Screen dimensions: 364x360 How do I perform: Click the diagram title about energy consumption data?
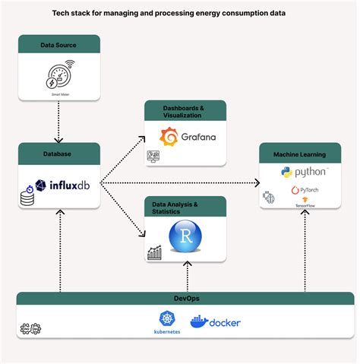(x=179, y=13)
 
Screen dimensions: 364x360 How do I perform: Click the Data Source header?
(x=58, y=46)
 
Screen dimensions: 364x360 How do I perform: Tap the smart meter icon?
(x=58, y=74)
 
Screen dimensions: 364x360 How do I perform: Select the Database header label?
(x=58, y=153)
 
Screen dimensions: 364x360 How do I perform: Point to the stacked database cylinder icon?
(x=28, y=199)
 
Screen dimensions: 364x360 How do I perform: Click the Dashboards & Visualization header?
(x=185, y=111)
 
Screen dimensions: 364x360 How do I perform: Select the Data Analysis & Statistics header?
(x=185, y=208)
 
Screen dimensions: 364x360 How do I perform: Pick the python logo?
(x=304, y=173)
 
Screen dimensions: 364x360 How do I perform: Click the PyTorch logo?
(x=304, y=189)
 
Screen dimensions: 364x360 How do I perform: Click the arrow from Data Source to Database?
(x=58, y=118)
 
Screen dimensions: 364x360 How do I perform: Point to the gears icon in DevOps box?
(x=30, y=329)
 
